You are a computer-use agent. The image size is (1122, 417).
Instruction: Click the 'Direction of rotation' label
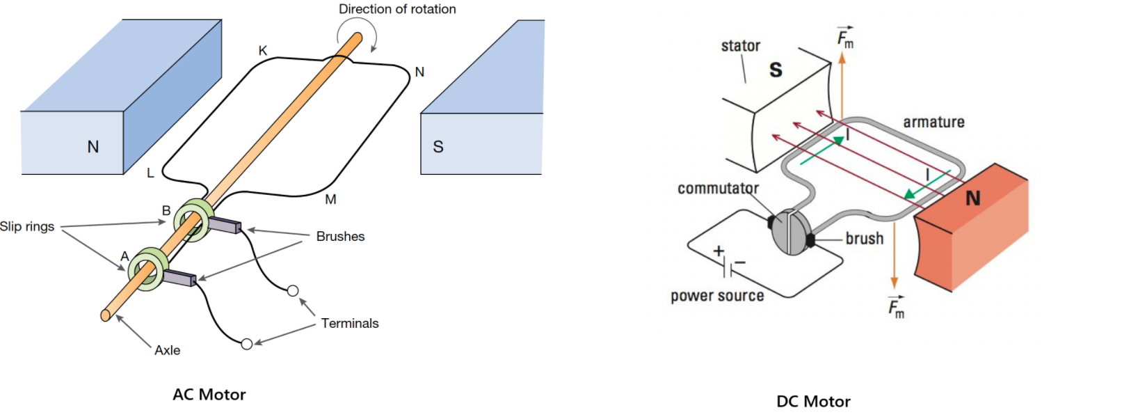tap(397, 9)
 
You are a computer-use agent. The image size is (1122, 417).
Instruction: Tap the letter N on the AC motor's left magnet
tap(93, 147)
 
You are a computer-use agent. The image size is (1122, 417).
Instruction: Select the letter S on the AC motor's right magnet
tap(438, 147)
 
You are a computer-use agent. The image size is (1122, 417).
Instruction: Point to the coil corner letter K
tap(263, 51)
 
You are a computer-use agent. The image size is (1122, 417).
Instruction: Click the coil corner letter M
tap(330, 200)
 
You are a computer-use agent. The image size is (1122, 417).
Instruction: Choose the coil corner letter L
tap(150, 173)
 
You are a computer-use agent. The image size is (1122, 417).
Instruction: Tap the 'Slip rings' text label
tap(27, 226)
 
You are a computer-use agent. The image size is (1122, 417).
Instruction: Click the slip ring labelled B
tap(194, 221)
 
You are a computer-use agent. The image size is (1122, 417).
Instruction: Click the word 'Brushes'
tap(340, 237)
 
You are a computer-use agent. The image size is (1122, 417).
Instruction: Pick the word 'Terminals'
tap(350, 324)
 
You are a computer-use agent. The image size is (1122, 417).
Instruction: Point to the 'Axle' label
tap(168, 350)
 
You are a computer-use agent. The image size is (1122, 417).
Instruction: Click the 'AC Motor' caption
tap(209, 395)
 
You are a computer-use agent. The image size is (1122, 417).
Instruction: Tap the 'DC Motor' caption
tap(813, 402)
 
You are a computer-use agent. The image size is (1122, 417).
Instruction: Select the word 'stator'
tap(740, 46)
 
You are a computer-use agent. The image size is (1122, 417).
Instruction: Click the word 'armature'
tap(933, 123)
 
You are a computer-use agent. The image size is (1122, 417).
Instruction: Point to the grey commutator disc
tap(791, 232)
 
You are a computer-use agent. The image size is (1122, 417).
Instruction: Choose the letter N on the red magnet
tap(973, 199)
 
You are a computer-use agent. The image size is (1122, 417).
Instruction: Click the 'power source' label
tap(717, 296)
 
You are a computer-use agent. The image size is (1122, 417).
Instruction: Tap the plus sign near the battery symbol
tap(719, 251)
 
